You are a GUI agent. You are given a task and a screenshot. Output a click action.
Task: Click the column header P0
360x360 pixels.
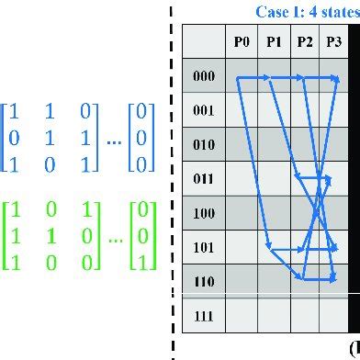242,41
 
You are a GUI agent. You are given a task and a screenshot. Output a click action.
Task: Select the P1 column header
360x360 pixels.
274,41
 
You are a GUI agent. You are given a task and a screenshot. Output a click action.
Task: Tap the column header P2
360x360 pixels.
305,41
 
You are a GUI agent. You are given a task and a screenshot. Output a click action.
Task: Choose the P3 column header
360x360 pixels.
333,41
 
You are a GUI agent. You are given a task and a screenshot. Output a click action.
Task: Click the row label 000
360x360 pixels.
204,76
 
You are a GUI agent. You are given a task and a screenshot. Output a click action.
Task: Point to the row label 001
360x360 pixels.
204,110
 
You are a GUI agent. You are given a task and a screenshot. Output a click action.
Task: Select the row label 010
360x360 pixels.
204,145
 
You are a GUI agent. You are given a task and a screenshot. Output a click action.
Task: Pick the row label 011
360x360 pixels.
204,179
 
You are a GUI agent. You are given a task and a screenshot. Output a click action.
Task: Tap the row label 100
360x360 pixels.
204,213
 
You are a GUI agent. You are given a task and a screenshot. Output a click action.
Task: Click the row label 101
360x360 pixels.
204,247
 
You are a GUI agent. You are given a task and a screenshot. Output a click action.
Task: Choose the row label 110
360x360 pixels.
204,281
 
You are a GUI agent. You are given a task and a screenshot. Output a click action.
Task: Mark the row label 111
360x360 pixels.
204,315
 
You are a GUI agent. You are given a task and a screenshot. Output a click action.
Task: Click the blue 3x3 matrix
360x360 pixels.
51,139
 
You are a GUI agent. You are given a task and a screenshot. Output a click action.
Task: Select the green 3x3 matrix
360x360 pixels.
51,234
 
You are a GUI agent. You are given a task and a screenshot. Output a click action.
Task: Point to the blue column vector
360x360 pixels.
141,139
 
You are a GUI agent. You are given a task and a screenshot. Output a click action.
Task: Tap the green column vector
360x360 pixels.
141,234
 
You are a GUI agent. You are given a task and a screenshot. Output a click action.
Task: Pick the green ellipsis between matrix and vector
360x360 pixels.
114,238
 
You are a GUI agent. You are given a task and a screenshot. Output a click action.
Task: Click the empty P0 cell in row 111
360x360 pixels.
242,315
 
